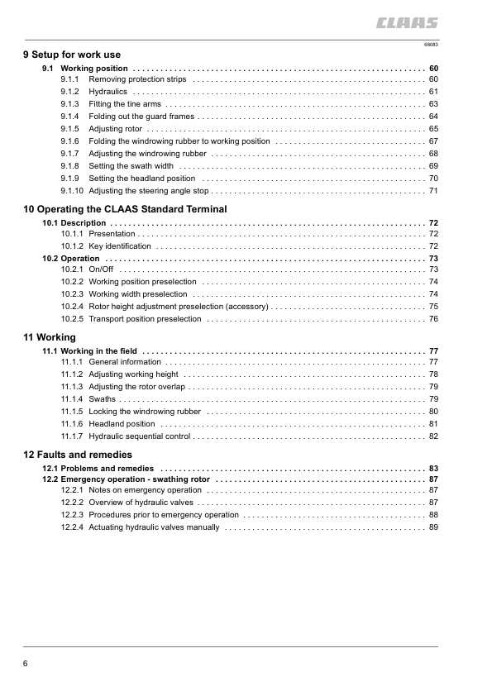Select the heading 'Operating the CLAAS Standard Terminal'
(131, 209)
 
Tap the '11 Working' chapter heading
(50, 337)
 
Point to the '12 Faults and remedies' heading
(78, 455)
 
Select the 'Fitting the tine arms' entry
(125, 104)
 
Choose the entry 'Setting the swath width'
(131, 166)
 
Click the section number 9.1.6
(69, 141)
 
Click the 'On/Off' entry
(101, 269)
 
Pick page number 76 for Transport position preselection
(433, 319)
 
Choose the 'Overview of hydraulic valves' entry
(141, 503)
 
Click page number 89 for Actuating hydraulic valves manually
(433, 527)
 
